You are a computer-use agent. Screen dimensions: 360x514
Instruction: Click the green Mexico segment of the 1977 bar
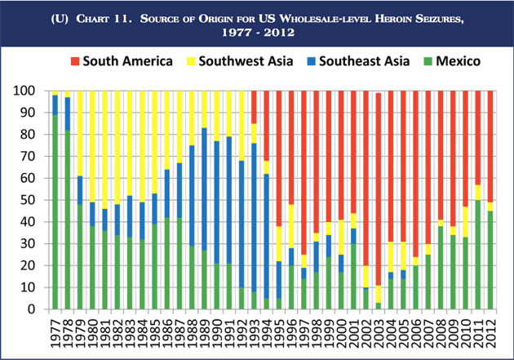(55, 212)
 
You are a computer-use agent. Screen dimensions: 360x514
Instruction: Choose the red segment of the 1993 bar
(255, 106)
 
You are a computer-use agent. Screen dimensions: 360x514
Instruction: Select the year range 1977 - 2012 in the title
(257, 35)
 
